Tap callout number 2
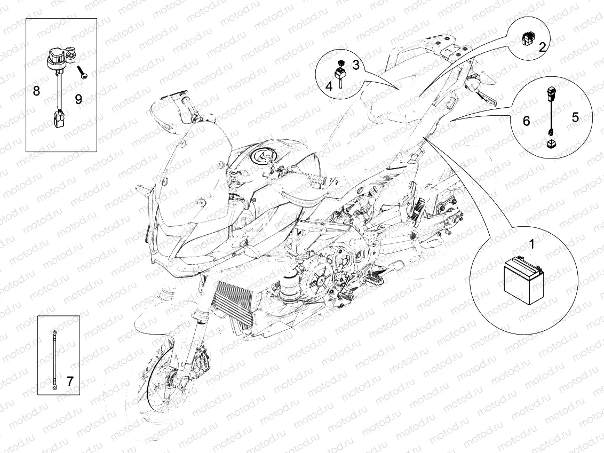pyautogui.click(x=542, y=47)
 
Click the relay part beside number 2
pyautogui.click(x=526, y=38)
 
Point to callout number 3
pyautogui.click(x=356, y=65)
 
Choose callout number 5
pyautogui.click(x=575, y=117)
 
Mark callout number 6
pyautogui.click(x=526, y=122)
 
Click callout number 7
pyautogui.click(x=70, y=381)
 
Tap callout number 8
pyautogui.click(x=36, y=91)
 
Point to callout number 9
pyautogui.click(x=78, y=99)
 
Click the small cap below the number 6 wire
pyautogui.click(x=552, y=144)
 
